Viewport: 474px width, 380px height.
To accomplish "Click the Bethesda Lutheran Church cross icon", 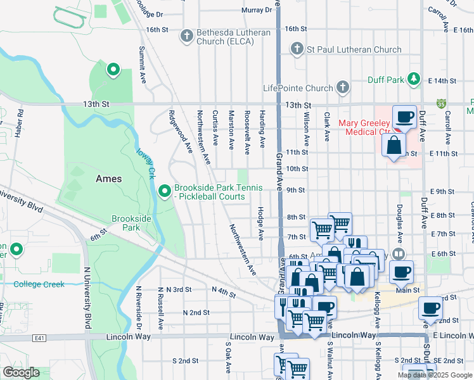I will (186, 36).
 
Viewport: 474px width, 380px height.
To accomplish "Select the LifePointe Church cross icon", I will (343, 87).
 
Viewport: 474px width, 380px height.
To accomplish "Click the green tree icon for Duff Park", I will (414, 79).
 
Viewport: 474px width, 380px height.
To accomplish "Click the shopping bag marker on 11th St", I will (394, 144).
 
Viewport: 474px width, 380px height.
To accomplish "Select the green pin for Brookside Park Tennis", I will (165, 190).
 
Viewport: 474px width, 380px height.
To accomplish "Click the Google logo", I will (22, 372).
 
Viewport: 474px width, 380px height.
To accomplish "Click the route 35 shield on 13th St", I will (440, 103).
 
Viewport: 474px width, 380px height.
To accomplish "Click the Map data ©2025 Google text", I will (434, 375).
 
